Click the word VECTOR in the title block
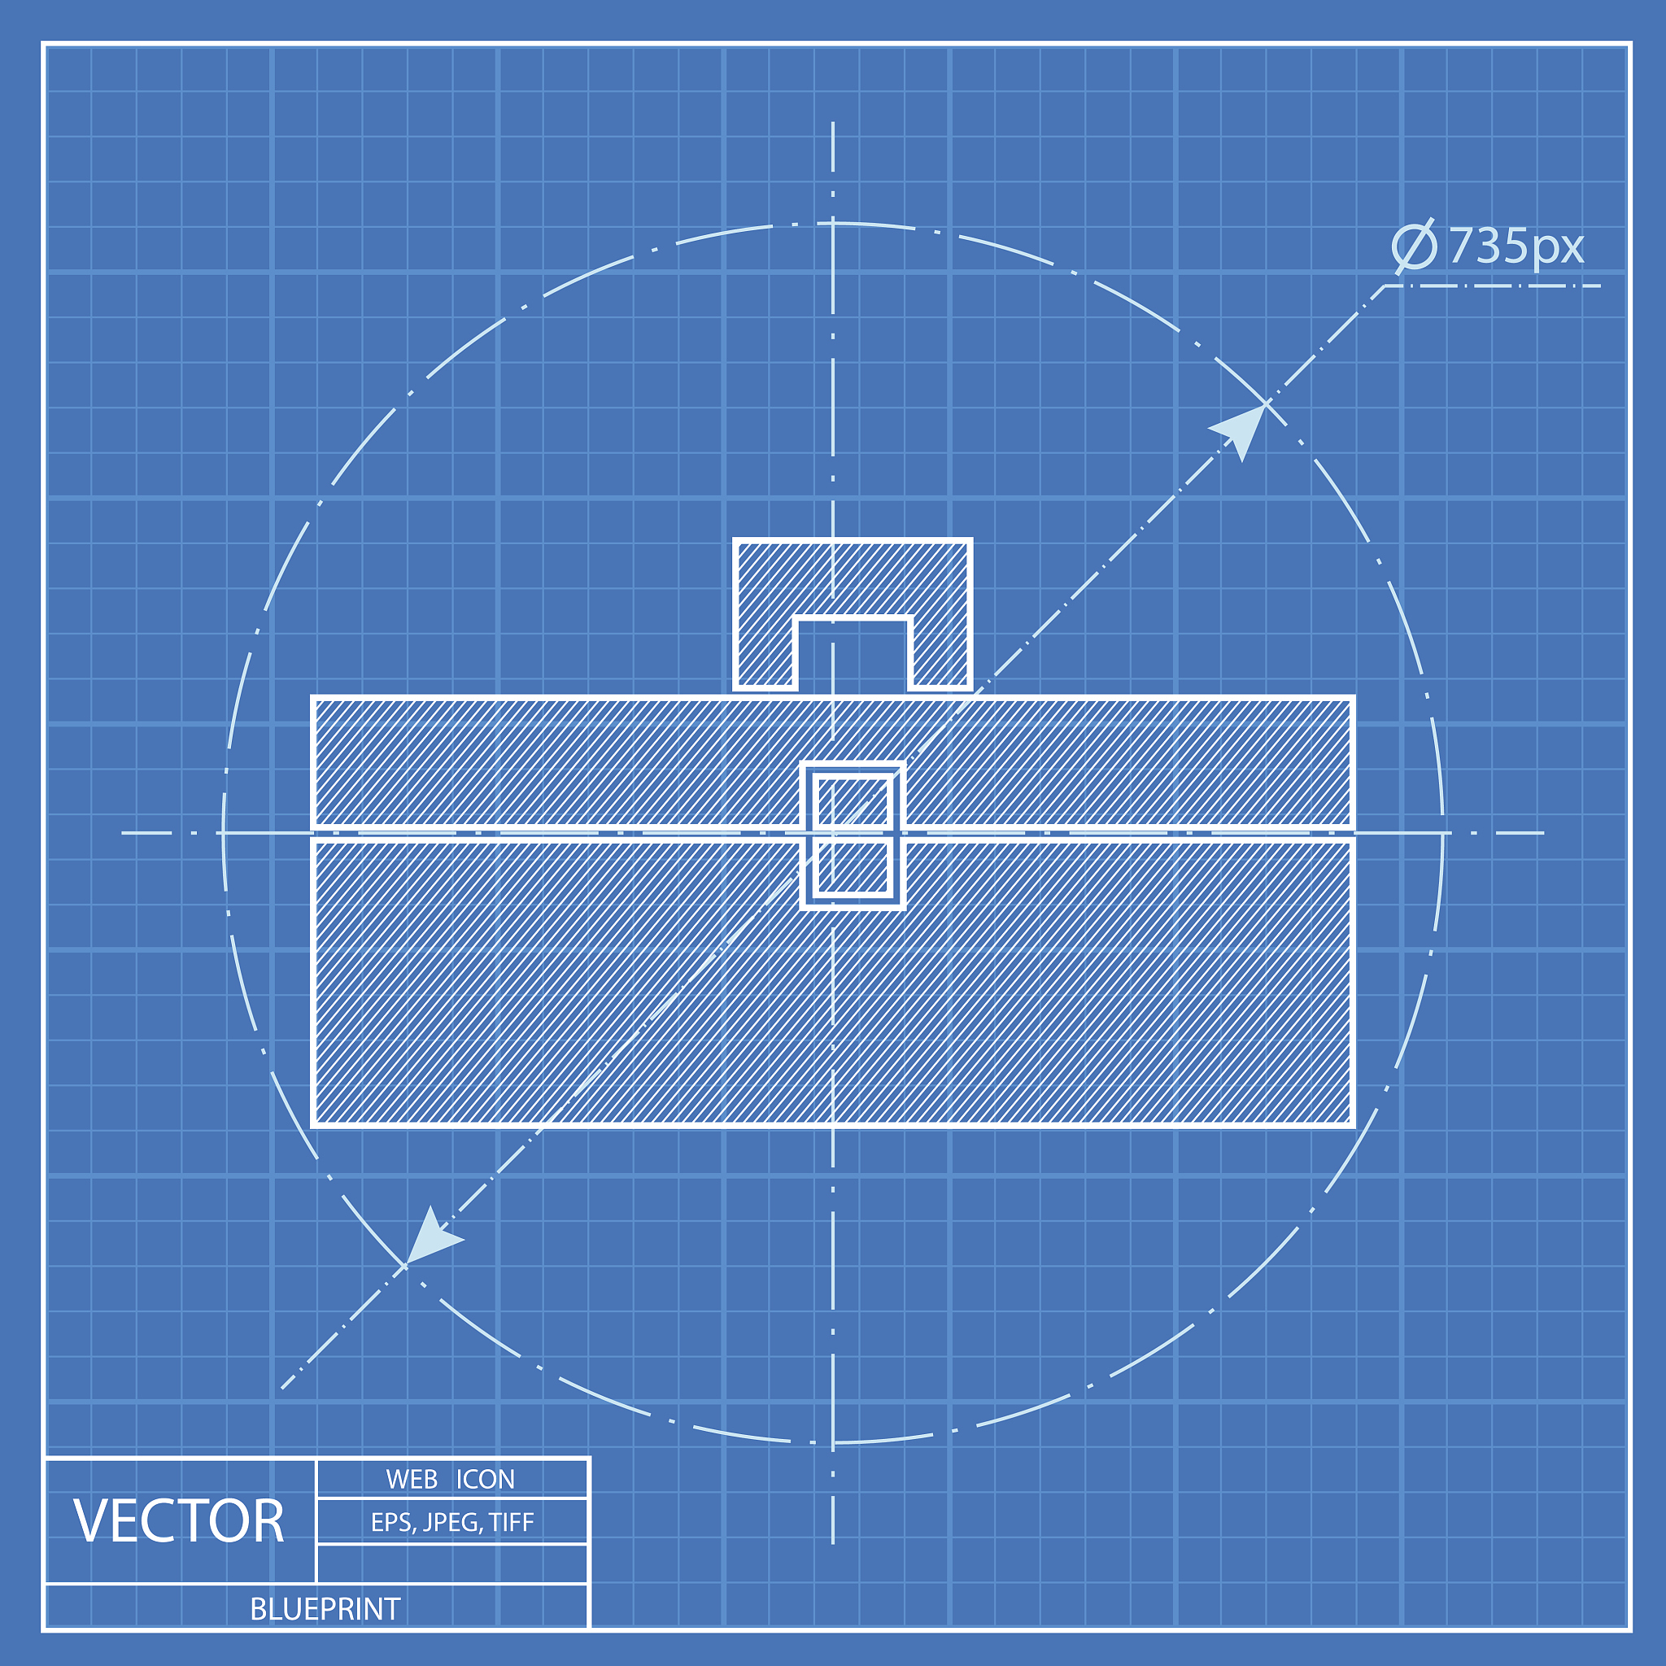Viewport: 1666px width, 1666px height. (178, 1521)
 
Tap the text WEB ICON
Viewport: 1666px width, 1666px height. (450, 1480)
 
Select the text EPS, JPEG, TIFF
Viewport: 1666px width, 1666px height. (451, 1523)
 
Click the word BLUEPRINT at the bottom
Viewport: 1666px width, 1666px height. (325, 1609)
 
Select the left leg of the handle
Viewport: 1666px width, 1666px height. (764, 647)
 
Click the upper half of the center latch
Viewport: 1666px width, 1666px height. (853, 800)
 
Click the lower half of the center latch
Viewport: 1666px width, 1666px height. (853, 866)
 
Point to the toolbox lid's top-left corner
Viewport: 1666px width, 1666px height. (314, 699)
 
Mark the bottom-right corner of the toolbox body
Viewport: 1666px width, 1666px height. (1352, 1124)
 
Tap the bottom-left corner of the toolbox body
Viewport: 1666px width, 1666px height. (314, 1124)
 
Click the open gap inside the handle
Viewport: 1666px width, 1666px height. (852, 656)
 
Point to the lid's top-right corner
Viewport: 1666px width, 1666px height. (1352, 699)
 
